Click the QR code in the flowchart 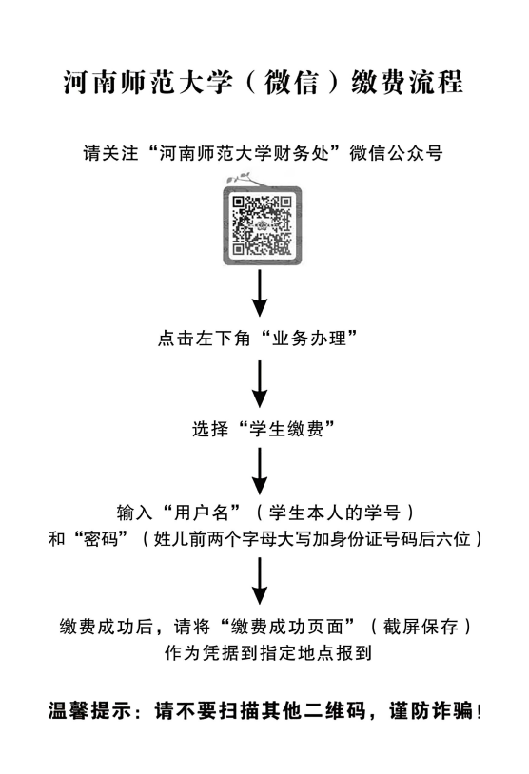(x=262, y=225)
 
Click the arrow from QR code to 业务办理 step (x=260, y=293)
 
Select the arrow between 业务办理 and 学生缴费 (x=260, y=384)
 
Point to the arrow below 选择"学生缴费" (x=260, y=472)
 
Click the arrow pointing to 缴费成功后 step (x=260, y=581)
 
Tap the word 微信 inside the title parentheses (x=291, y=82)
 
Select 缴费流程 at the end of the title (x=407, y=82)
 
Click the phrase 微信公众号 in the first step (x=396, y=153)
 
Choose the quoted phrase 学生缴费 (x=286, y=429)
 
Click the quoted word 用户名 (x=202, y=513)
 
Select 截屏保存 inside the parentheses (x=421, y=627)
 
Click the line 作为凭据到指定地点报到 (x=268, y=652)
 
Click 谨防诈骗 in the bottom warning (x=431, y=711)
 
